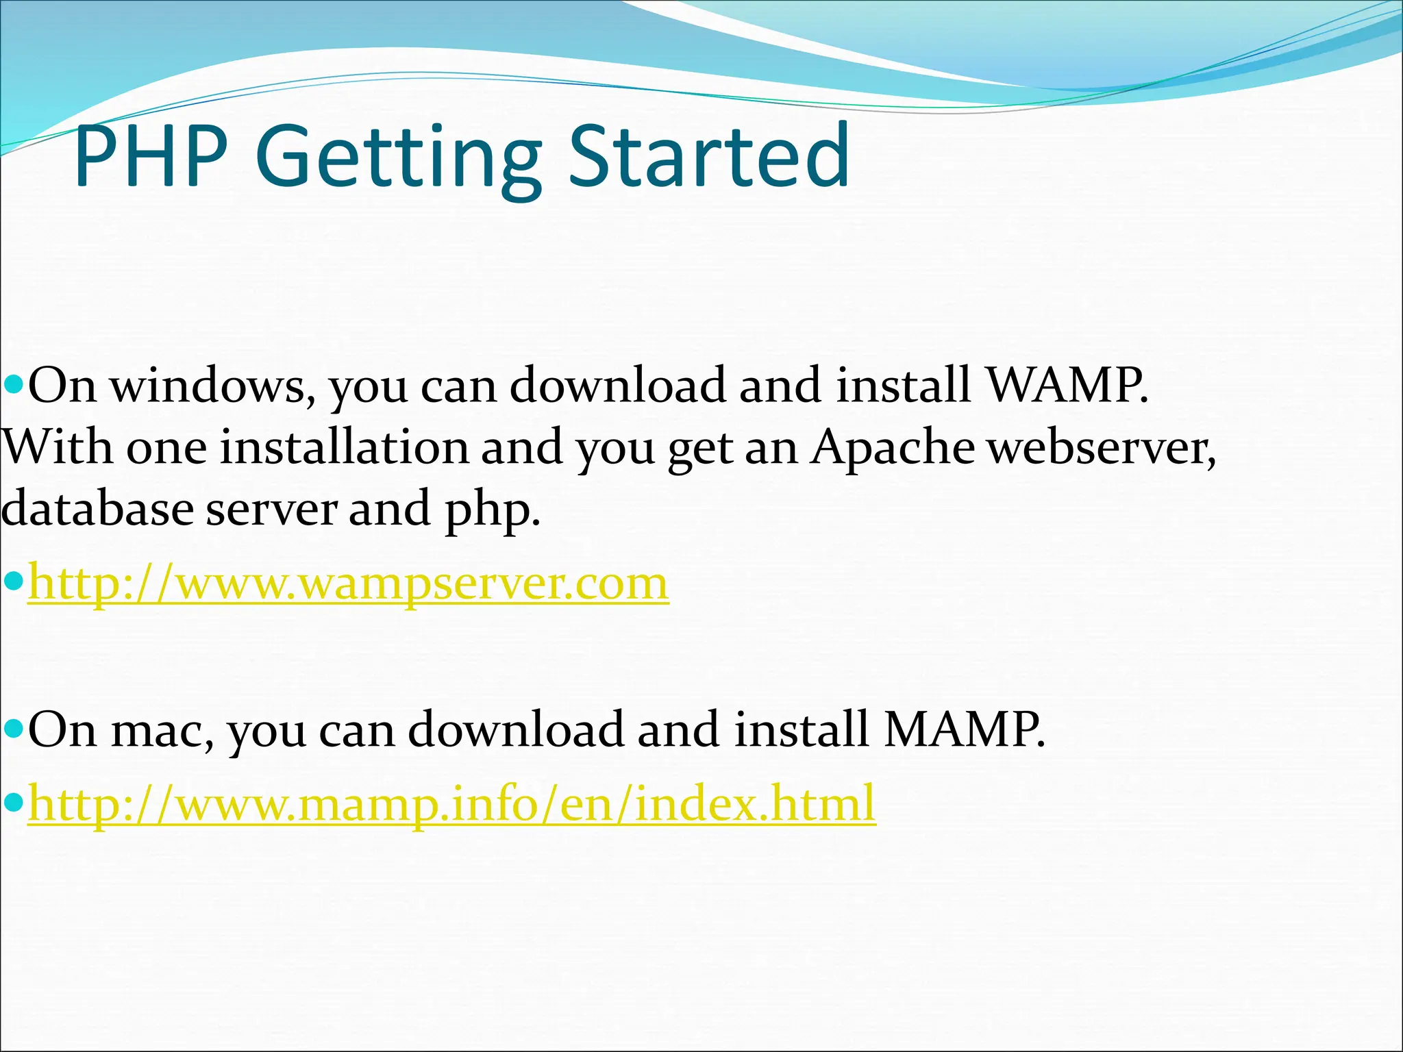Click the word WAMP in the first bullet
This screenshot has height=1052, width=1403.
point(1065,386)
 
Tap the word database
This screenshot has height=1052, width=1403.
point(97,509)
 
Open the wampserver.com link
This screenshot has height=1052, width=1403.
point(348,584)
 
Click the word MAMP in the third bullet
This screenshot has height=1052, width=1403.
point(963,729)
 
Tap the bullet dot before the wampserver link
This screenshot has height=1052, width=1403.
point(14,582)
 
